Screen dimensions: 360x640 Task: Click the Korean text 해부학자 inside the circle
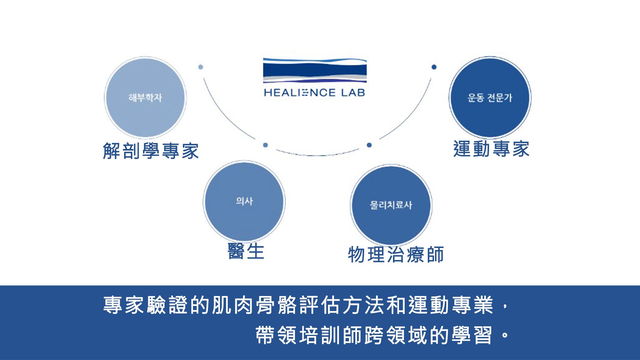(145, 98)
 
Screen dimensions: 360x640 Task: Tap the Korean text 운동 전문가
(490, 98)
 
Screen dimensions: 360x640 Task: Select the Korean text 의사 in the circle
(244, 201)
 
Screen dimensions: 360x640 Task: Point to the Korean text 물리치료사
(391, 205)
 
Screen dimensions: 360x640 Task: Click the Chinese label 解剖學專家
(151, 151)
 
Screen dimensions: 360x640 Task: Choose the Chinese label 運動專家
(491, 149)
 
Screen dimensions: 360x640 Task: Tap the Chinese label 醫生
(246, 251)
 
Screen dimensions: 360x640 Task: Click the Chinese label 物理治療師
(396, 255)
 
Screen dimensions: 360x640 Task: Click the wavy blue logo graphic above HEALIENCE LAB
(315, 70)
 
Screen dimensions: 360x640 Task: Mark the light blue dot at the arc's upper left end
(201, 67)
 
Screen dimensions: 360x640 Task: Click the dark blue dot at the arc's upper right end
(434, 67)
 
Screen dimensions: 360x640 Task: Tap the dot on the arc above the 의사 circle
(265, 145)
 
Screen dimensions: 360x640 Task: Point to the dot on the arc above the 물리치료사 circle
(369, 145)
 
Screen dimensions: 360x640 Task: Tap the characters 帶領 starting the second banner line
(276, 335)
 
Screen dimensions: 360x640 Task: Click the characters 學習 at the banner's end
(472, 335)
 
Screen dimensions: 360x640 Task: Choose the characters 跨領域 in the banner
(396, 335)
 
